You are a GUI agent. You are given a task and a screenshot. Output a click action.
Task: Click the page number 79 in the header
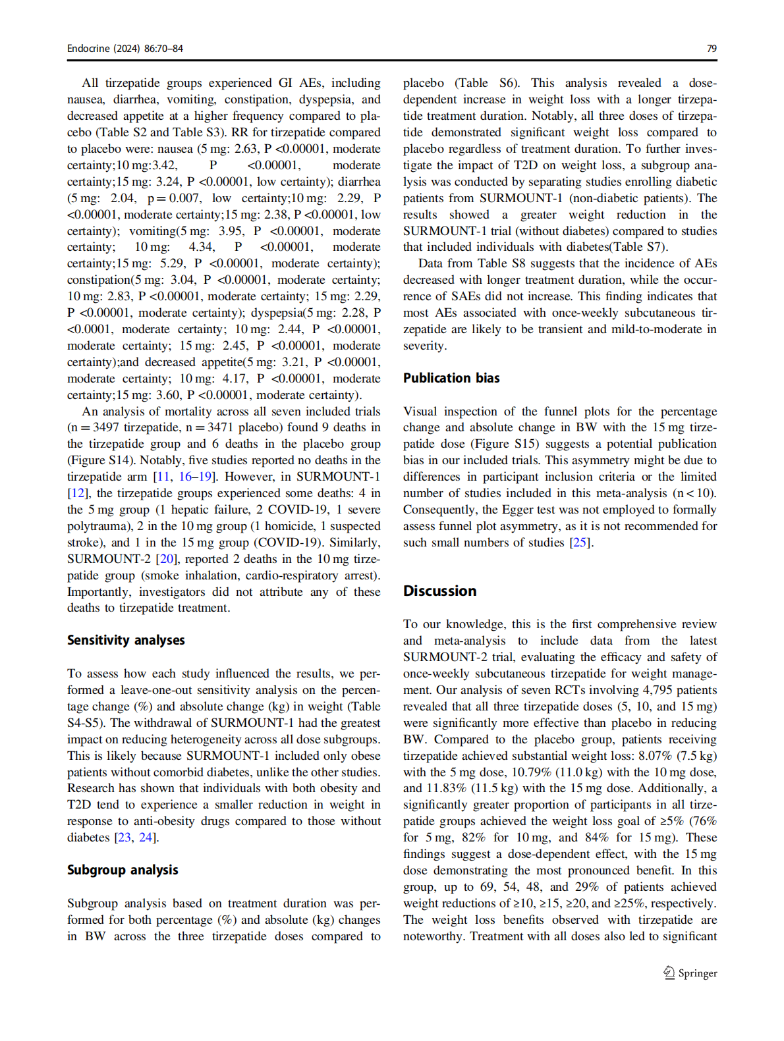(712, 49)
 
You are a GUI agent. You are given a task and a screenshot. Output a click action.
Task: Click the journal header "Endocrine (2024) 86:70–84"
(125, 49)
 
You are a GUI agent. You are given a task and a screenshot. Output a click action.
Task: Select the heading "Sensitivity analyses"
(126, 641)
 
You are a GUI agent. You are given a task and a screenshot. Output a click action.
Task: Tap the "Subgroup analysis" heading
(123, 870)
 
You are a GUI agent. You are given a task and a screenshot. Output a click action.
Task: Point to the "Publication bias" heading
(451, 379)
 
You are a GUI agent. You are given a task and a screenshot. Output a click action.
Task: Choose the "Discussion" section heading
(439, 591)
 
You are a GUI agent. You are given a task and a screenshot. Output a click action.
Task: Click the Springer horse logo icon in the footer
(669, 973)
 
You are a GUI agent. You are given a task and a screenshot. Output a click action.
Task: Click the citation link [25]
(580, 543)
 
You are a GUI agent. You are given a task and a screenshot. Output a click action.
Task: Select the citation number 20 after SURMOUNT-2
(167, 559)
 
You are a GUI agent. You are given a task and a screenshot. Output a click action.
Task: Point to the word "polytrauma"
(98, 526)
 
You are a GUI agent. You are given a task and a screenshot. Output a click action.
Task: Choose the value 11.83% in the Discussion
(447, 788)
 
